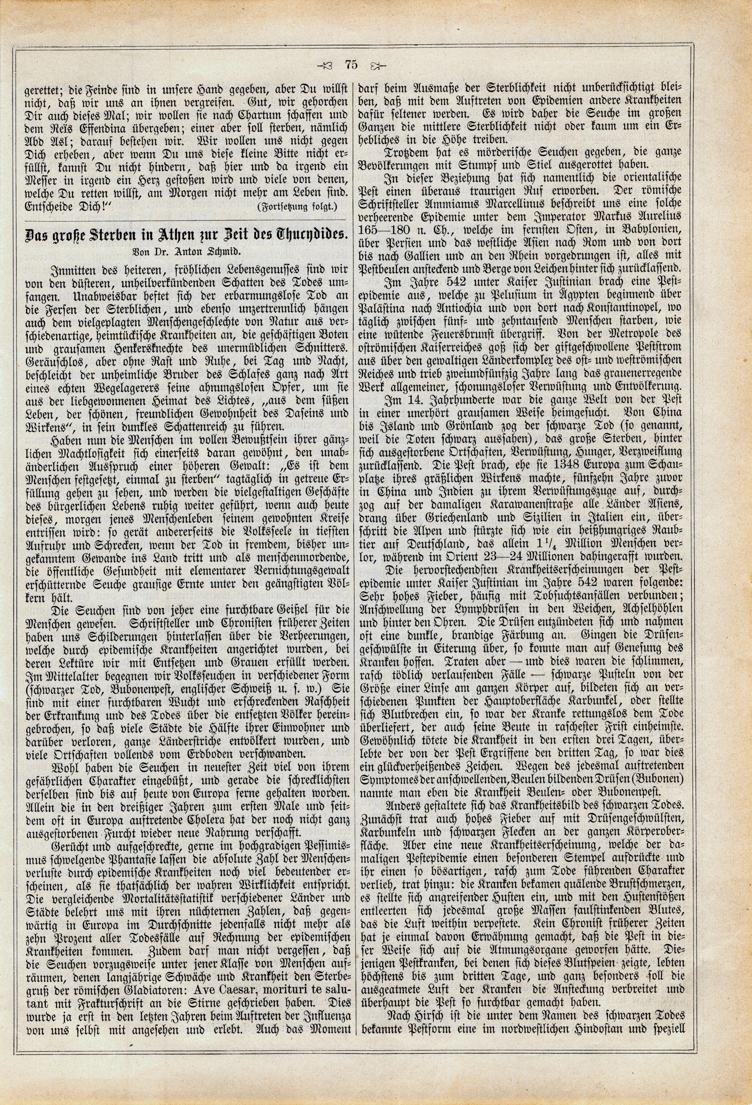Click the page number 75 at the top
352,65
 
